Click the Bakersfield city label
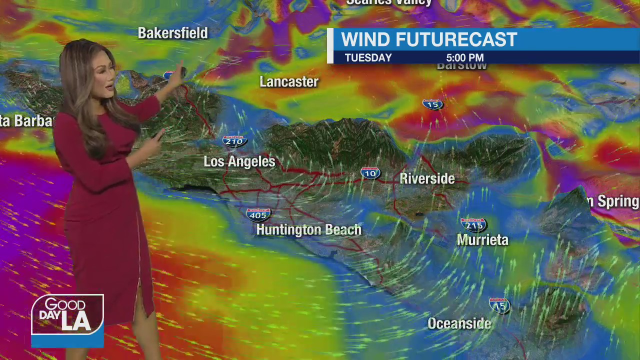172,33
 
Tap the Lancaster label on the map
289,82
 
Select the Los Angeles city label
239,162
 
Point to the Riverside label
427,179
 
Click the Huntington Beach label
308,230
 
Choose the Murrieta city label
482,240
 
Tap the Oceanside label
459,324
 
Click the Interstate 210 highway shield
234,141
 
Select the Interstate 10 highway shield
370,173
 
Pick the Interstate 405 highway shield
258,215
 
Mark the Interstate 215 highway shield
473,224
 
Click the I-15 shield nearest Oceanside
499,305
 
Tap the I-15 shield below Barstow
433,104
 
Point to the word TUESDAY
368,58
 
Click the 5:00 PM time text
465,58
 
